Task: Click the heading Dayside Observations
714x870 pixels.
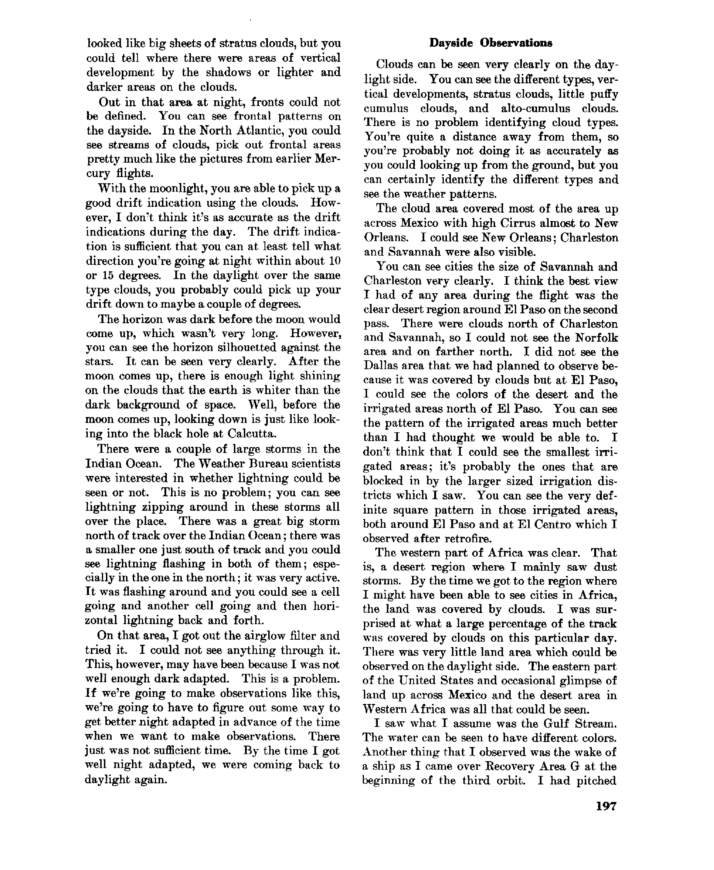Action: click(490, 43)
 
